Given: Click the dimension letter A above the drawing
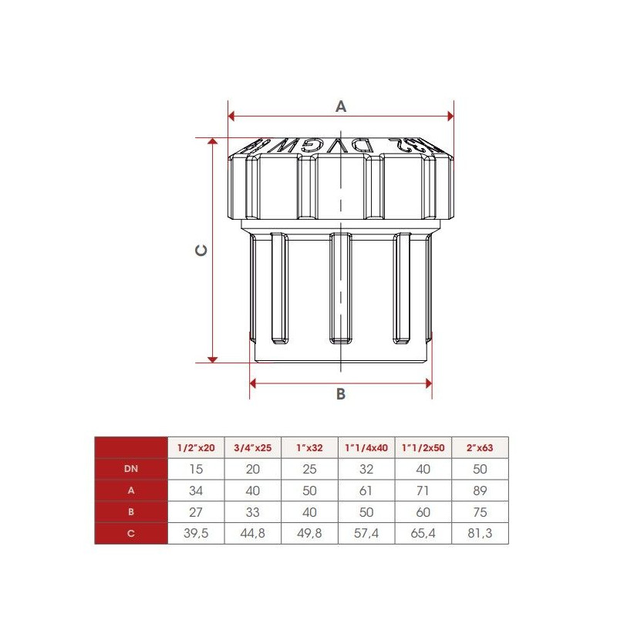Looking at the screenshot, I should pos(341,107).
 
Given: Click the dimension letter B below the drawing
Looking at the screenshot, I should pos(341,394).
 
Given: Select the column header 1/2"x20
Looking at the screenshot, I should pos(196,447).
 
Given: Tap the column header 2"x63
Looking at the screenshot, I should pos(480,447).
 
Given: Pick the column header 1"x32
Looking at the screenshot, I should pos(309,447).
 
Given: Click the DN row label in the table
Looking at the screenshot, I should pos(131,469).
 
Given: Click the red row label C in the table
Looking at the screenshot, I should pos(131,534).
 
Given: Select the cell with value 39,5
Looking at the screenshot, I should pos(196,534).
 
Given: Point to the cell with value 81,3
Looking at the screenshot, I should pos(480,534).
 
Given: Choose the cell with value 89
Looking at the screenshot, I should pos(480,491).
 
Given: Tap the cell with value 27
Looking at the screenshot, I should pos(196,512).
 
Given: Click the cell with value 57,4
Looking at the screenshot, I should pos(366,534).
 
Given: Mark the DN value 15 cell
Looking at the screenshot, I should pos(196,469).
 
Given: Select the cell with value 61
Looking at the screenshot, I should pos(366,491).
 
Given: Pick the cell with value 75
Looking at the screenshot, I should pos(480,512).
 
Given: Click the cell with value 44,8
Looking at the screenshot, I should pos(253,534).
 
